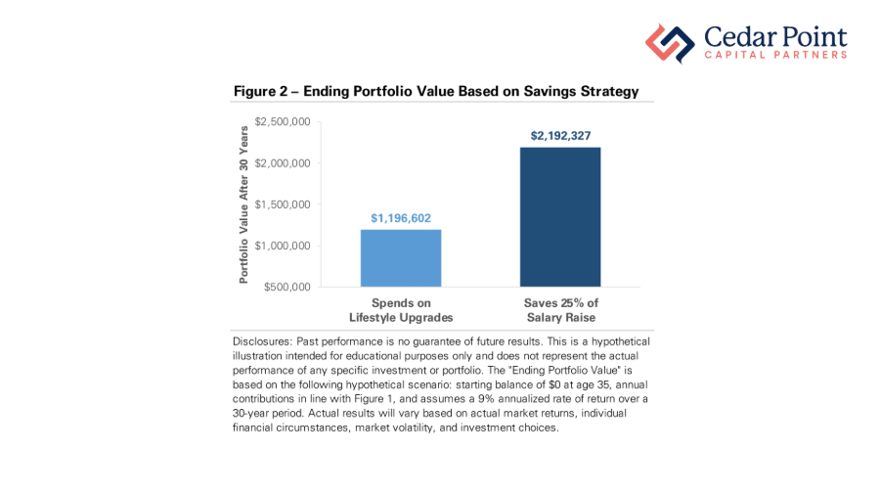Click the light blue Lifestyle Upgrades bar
pos(401,257)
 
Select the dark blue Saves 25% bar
pos(560,216)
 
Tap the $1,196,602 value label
pos(401,218)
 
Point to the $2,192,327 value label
pos(560,136)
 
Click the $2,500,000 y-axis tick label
pos(283,121)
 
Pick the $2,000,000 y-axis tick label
pos(283,162)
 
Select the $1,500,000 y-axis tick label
pos(283,203)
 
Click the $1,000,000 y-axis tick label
pos(283,246)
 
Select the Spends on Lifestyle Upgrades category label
pos(401,310)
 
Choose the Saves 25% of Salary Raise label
pos(560,310)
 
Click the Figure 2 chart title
pos(435,91)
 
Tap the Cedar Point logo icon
pos(669,44)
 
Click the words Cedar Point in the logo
pos(774,37)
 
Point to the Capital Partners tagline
pos(775,56)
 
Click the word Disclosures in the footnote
pos(261,341)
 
